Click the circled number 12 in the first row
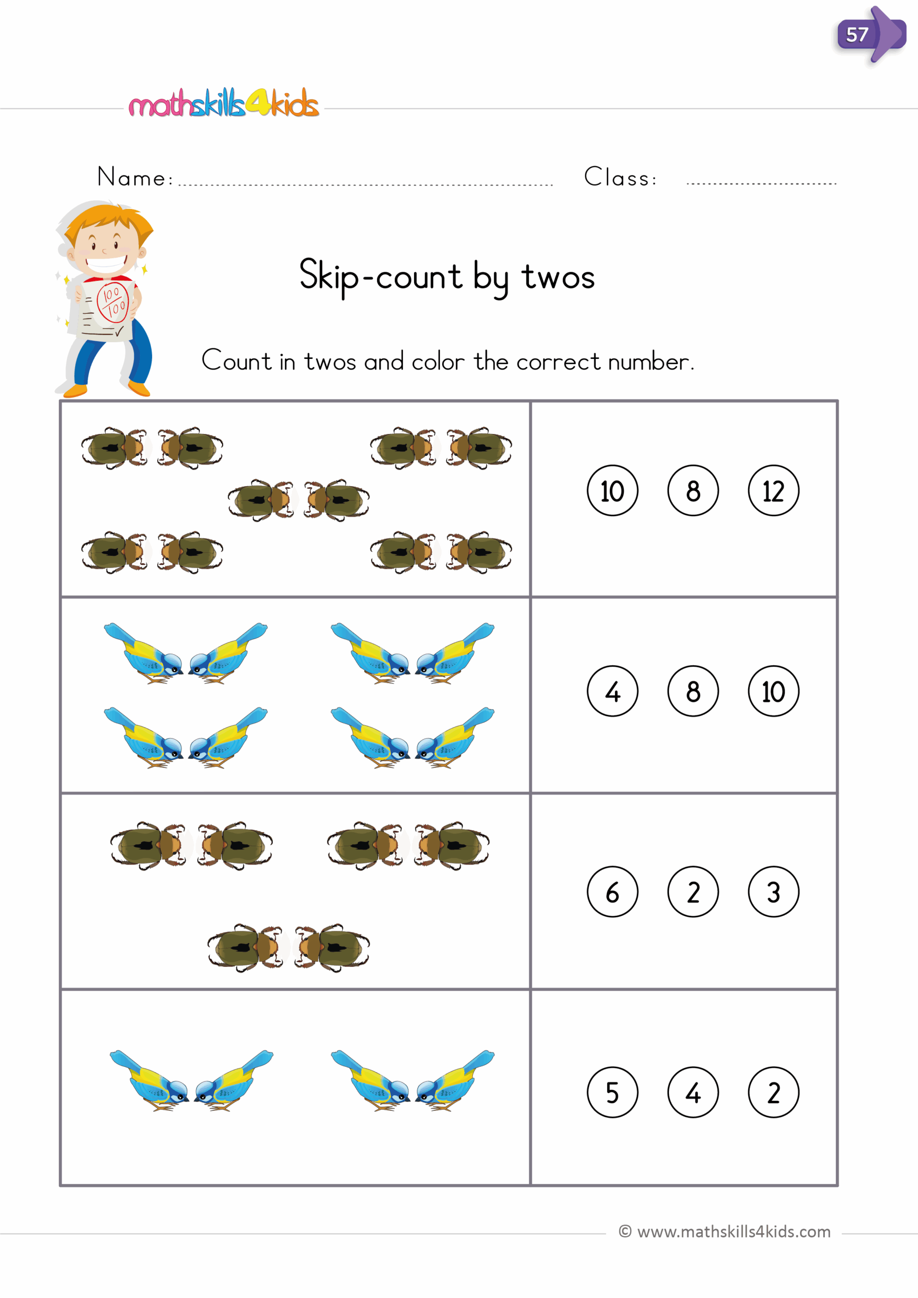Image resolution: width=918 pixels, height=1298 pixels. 774,490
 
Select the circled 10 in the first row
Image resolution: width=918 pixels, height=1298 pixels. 612,490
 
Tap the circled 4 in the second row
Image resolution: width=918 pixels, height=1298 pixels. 612,691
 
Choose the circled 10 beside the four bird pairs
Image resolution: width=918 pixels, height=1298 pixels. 774,691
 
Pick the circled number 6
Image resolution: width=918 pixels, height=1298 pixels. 612,891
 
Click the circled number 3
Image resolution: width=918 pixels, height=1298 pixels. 774,891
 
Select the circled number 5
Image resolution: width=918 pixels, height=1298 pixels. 612,1092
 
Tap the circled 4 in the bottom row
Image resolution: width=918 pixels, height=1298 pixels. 693,1092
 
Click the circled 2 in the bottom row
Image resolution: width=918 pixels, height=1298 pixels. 774,1092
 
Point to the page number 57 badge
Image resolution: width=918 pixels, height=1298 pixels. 858,35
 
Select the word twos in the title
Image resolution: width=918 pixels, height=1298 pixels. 558,277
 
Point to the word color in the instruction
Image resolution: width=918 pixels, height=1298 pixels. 437,362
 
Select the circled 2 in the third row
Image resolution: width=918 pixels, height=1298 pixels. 693,891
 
